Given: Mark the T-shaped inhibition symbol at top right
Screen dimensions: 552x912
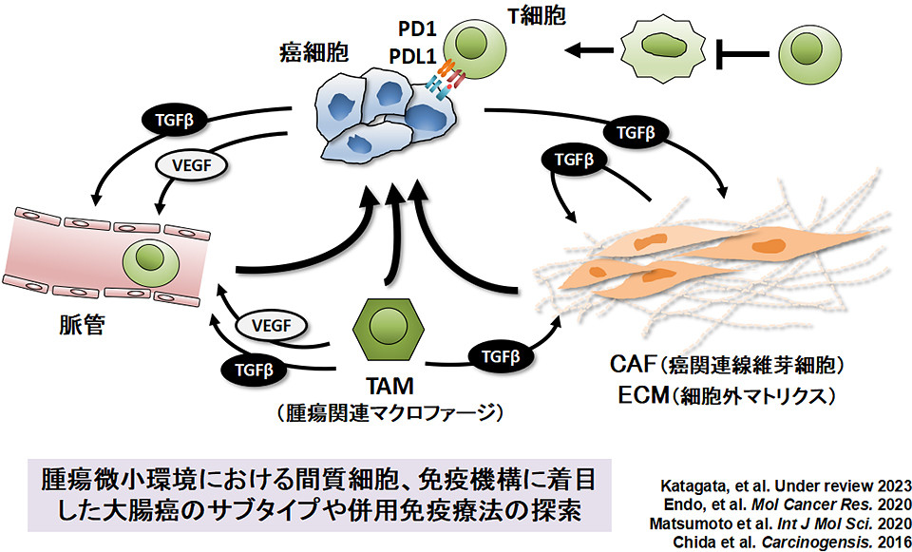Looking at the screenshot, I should (x=739, y=49).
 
